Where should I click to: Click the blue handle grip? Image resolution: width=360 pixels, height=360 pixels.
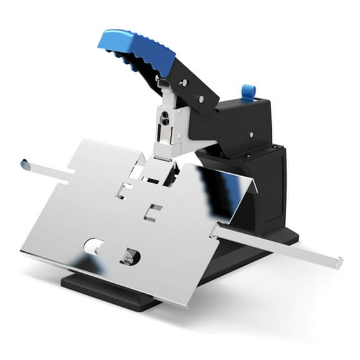tap(141, 50)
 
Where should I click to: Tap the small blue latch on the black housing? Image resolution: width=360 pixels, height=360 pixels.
tap(248, 92)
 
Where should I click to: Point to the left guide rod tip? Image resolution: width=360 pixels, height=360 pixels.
tap(24, 164)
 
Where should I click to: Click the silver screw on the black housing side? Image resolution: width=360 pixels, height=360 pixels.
tap(252, 132)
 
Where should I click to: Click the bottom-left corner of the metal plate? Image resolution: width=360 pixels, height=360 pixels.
tap(24, 251)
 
